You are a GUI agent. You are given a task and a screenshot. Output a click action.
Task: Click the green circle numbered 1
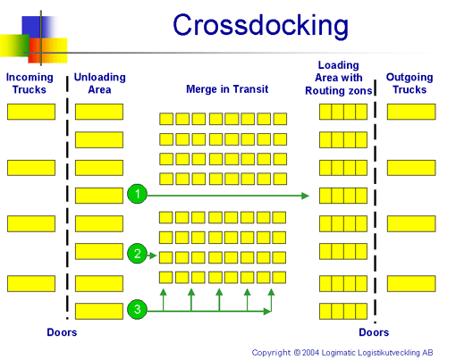137,194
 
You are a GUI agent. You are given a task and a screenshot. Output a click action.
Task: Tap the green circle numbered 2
137,254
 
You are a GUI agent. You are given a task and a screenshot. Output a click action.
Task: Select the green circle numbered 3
137,309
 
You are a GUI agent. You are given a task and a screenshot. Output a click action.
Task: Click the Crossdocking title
260,26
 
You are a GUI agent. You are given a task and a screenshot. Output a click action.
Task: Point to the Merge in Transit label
227,89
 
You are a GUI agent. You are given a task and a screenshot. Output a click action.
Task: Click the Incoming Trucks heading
30,83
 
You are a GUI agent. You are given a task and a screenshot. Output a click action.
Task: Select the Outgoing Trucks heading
410,83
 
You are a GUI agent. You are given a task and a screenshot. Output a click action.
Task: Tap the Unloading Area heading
99,83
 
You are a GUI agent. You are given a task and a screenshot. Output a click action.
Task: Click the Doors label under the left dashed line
62,332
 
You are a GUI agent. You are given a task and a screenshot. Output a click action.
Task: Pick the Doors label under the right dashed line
374,332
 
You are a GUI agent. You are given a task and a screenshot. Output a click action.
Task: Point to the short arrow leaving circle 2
152,255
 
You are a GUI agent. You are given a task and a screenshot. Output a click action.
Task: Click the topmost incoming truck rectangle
31,112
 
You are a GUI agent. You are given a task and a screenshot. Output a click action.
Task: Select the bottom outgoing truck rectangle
411,283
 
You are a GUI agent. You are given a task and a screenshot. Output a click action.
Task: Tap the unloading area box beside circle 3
99,311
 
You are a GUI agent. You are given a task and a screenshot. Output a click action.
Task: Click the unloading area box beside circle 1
99,196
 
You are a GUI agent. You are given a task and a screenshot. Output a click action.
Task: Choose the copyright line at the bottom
342,353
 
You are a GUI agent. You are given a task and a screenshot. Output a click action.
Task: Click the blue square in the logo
33,28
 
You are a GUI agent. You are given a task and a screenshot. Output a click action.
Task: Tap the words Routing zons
339,90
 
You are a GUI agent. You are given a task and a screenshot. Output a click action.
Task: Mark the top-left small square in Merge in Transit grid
166,119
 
